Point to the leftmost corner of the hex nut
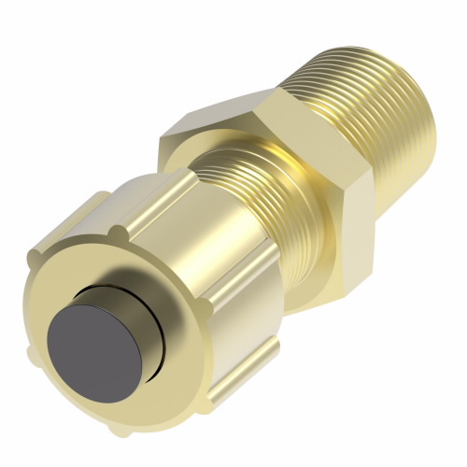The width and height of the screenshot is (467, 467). tap(161, 140)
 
